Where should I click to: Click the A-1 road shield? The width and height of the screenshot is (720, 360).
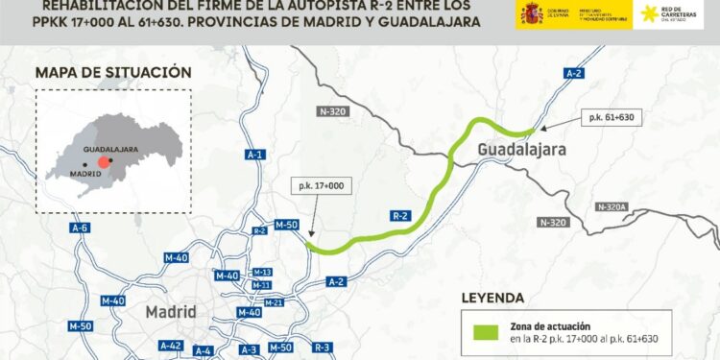click(x=254, y=155)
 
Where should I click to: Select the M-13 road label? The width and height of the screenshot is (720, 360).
click(x=261, y=273)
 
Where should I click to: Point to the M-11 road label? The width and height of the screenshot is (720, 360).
click(x=261, y=285)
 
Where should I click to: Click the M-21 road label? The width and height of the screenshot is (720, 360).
click(x=273, y=302)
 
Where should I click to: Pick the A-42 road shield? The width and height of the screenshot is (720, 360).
click(x=171, y=346)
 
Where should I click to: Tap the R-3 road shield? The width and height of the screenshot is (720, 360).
click(x=322, y=347)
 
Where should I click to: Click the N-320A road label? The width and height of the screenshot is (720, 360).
click(x=610, y=206)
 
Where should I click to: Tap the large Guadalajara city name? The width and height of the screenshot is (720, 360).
click(x=522, y=150)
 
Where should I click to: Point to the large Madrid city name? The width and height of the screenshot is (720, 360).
click(x=171, y=312)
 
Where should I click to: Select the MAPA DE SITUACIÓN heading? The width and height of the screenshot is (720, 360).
click(x=112, y=72)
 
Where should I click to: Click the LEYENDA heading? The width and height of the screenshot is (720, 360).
click(x=492, y=298)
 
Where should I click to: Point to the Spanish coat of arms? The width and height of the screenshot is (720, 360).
click(x=532, y=13)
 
